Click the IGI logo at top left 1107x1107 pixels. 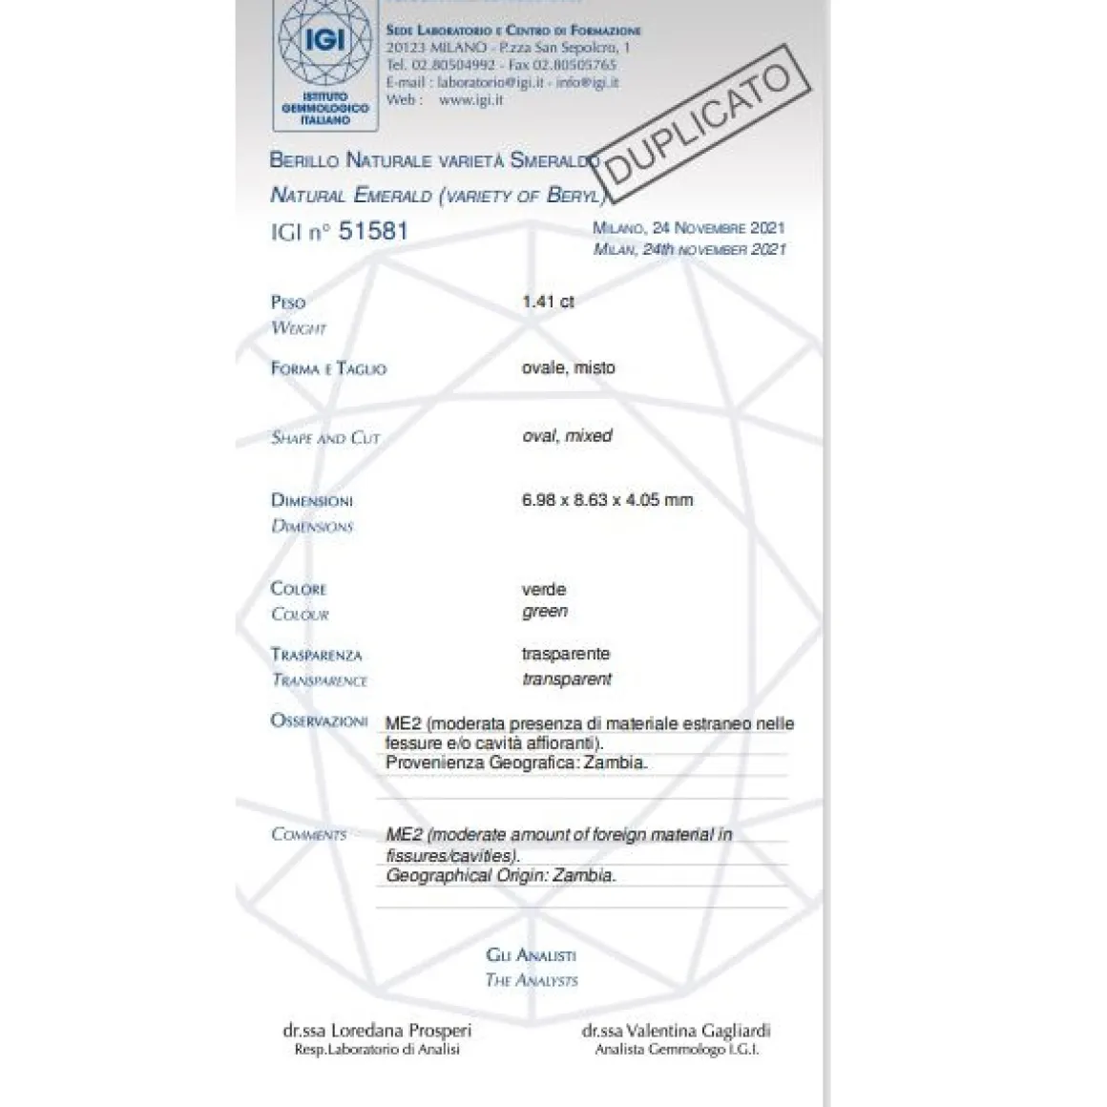(324, 62)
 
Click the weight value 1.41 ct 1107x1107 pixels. (548, 302)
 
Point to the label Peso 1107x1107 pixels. (288, 303)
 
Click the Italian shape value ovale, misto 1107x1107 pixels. (569, 367)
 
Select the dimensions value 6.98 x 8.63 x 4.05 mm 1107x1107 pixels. (607, 499)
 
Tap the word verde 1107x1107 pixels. (544, 590)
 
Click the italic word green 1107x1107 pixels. (545, 612)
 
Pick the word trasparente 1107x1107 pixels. (566, 654)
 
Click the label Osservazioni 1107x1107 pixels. (319, 721)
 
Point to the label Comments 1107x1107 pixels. (308, 834)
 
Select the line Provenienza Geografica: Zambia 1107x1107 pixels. (516, 763)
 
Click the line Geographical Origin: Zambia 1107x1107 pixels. (501, 875)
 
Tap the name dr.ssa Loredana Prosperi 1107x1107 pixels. (377, 1031)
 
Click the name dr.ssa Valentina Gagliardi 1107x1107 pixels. (676, 1031)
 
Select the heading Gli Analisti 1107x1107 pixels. (531, 954)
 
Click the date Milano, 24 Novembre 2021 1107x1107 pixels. (688, 228)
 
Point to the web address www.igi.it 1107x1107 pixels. (470, 99)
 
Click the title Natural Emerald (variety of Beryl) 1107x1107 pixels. (438, 196)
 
